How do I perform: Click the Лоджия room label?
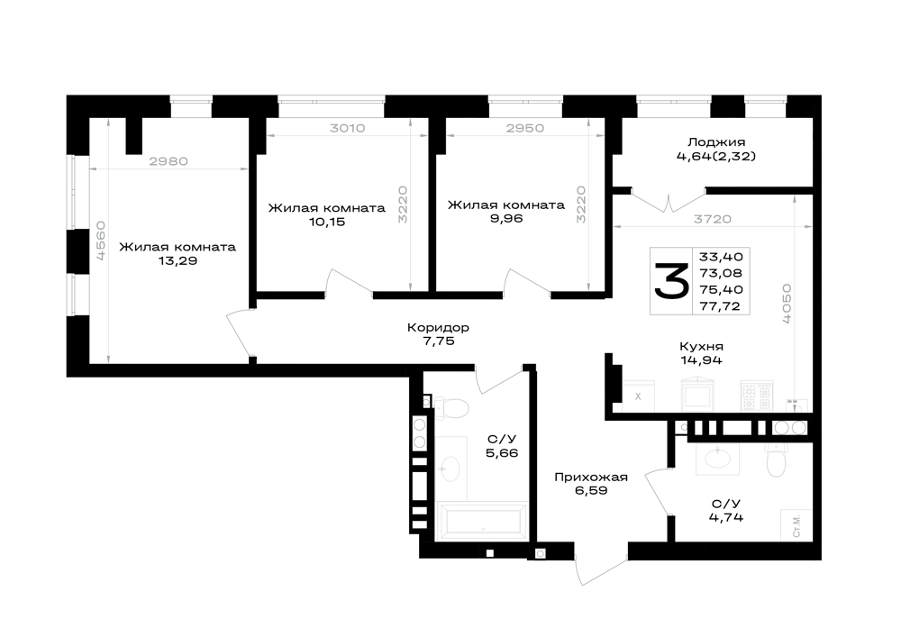716,142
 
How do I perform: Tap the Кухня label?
701,346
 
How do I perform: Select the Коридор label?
439,327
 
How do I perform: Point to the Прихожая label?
591,477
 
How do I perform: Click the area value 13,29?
177,260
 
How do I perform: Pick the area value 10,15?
327,222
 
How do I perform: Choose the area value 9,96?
506,218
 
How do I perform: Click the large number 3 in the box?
671,281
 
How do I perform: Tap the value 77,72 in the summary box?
721,306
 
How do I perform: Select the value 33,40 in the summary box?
721,256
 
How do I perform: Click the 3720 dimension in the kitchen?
713,219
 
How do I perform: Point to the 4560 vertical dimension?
101,241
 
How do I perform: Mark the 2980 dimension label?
168,161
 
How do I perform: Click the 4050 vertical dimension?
787,304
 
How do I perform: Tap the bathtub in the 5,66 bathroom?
481,522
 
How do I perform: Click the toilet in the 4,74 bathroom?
777,460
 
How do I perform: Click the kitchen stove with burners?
757,396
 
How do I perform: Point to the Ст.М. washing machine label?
796,525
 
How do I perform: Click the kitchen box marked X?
638,396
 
